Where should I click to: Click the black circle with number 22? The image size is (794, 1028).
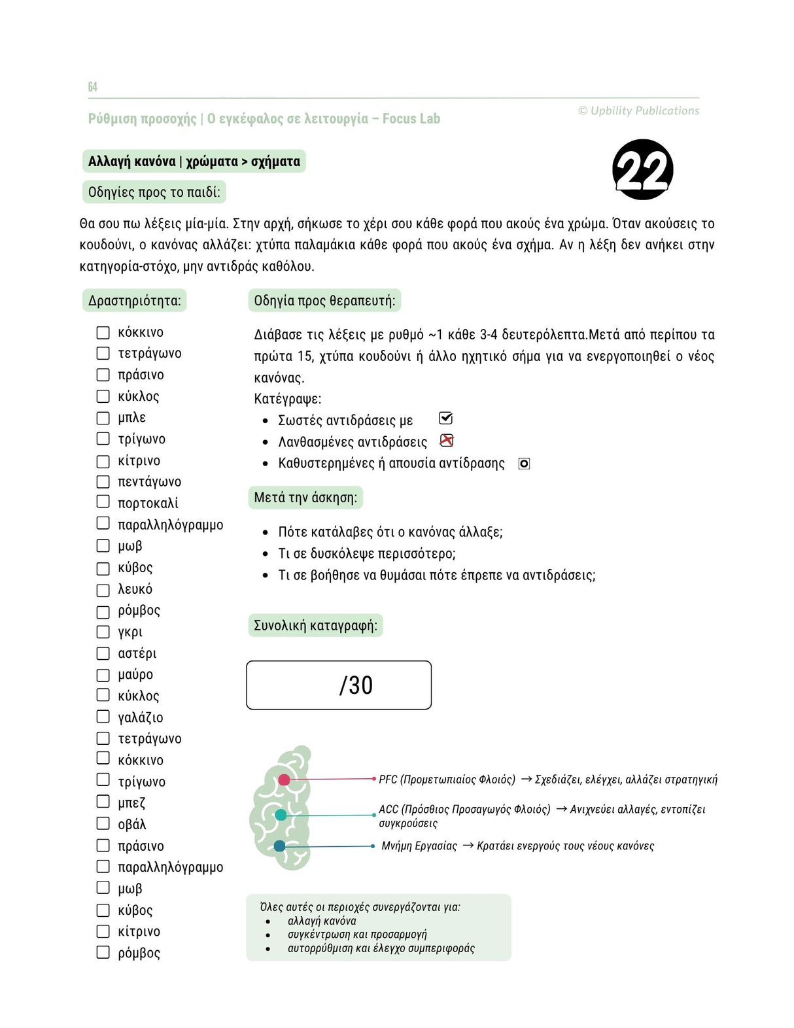(642, 169)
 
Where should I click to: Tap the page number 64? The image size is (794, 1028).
(92, 87)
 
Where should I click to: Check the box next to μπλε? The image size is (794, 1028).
(103, 418)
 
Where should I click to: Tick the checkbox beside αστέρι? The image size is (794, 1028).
(103, 653)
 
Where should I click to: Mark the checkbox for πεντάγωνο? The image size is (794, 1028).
(103, 482)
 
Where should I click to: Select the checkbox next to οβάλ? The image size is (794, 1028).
(103, 823)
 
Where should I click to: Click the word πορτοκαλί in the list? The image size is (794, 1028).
(148, 503)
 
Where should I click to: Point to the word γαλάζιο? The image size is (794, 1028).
(140, 717)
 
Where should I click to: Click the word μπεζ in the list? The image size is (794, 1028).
(131, 802)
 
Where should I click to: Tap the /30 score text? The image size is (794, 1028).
(356, 685)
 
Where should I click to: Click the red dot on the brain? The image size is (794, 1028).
(284, 780)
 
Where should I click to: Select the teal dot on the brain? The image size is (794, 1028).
(281, 815)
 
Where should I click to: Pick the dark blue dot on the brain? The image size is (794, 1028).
(279, 846)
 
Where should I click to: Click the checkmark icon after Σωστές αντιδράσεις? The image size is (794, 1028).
(445, 419)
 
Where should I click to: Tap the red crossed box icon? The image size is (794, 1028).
(446, 441)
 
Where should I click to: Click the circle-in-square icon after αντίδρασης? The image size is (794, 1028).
(524, 464)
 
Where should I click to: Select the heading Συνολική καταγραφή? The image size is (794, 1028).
(315, 626)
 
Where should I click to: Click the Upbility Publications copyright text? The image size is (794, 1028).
(638, 111)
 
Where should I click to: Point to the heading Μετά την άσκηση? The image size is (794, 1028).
(305, 498)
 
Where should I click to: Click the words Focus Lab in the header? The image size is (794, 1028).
(411, 119)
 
